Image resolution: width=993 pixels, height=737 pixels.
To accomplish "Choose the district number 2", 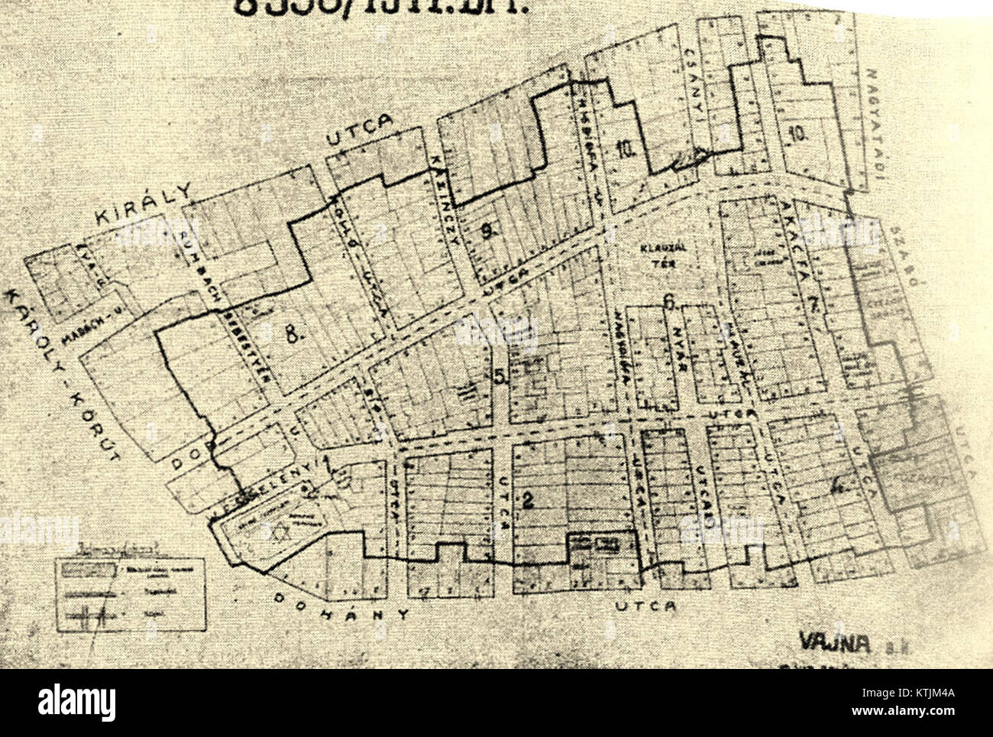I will [527, 502].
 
